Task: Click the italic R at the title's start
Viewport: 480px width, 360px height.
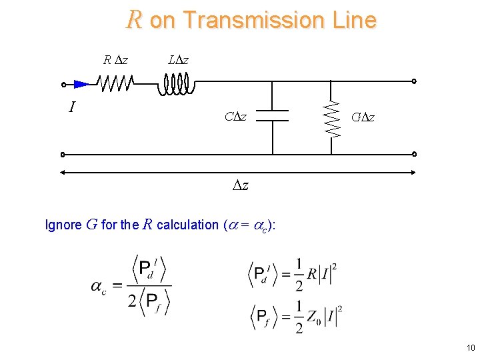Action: click(134, 20)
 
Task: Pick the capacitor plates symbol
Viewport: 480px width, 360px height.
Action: click(273, 116)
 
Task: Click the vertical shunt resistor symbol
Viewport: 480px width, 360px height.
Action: click(331, 118)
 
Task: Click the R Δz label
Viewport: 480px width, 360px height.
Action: click(116, 61)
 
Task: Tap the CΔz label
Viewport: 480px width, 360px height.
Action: click(235, 117)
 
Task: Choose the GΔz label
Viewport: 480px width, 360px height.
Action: click(363, 118)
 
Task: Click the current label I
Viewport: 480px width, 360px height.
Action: click(71, 107)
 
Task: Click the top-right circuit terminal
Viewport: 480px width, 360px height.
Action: click(414, 81)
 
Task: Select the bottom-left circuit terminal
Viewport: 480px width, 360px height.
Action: click(63, 155)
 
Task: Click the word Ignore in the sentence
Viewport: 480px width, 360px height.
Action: click(63, 225)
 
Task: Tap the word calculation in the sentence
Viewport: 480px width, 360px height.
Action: click(187, 225)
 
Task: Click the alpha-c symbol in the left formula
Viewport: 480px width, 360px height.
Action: click(99, 287)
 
